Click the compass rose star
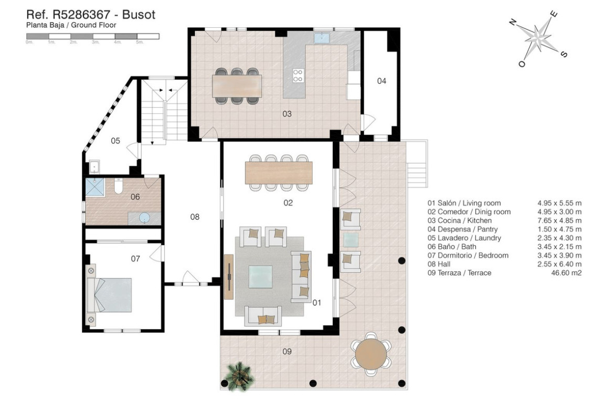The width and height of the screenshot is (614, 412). tap(538, 38)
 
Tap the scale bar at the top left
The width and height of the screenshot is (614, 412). tap(93, 36)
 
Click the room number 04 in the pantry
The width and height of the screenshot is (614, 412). tap(382, 81)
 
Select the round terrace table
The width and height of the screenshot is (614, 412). tap(371, 354)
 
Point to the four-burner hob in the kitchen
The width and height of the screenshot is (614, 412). tap(298, 75)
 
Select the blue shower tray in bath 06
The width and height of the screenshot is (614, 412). tap(95, 187)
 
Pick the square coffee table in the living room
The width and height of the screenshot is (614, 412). tap(260, 277)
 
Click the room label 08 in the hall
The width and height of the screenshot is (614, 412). tap(195, 217)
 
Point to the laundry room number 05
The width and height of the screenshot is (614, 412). tap(115, 141)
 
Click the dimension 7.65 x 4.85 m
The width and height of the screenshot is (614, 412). tap(559, 220)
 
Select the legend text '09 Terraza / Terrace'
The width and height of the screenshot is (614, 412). tap(459, 273)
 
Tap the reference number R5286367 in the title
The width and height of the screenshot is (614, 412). tap(81, 15)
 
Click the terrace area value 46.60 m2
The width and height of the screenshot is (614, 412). tap(566, 273)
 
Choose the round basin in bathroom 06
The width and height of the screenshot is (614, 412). tap(145, 218)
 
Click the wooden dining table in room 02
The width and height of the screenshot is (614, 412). tap(279, 173)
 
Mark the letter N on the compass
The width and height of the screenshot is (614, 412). tap(513, 22)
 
